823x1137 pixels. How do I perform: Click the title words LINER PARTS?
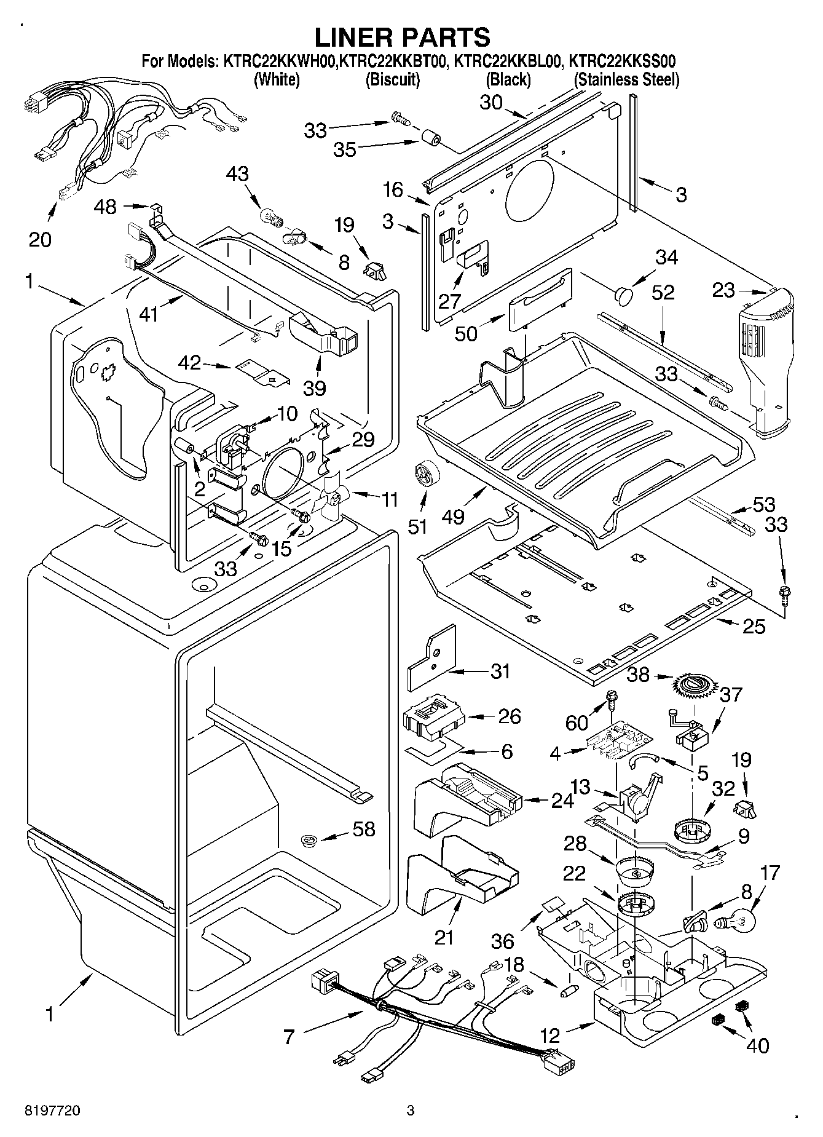pyautogui.click(x=403, y=38)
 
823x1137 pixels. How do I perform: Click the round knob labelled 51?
pyautogui.click(x=423, y=474)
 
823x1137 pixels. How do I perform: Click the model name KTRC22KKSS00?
pyautogui.click(x=623, y=61)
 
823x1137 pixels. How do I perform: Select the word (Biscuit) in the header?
pyautogui.click(x=393, y=79)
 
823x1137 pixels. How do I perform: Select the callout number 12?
pyautogui.click(x=550, y=1036)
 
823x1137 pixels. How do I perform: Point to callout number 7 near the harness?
pyautogui.click(x=289, y=1037)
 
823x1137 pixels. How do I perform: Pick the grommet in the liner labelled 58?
pyautogui.click(x=309, y=841)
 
